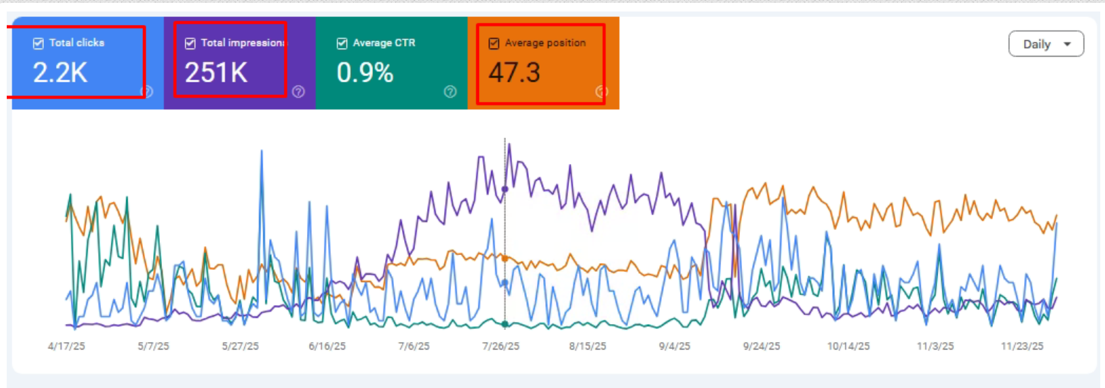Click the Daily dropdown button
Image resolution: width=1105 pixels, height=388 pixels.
click(1046, 44)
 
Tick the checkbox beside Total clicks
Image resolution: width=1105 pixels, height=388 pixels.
click(38, 43)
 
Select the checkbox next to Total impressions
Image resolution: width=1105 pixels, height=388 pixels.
click(190, 43)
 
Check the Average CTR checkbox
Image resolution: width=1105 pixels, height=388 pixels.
click(342, 43)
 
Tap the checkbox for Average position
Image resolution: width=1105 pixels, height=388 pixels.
click(494, 43)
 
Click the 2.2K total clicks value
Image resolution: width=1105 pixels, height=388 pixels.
click(60, 73)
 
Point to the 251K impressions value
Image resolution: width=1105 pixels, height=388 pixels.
click(216, 73)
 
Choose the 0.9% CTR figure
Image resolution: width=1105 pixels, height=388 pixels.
click(365, 73)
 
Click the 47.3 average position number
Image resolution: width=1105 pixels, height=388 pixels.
click(514, 73)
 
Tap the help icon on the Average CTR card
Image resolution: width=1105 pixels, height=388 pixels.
click(450, 92)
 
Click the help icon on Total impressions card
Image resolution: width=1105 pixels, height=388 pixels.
click(298, 92)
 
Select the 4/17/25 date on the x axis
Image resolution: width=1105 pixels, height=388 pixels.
click(66, 346)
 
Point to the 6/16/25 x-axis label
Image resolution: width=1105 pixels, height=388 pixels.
click(327, 346)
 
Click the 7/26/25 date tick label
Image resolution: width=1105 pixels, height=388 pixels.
click(501, 346)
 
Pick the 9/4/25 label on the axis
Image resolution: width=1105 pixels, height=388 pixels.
click(675, 346)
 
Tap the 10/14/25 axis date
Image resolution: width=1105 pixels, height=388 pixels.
click(849, 346)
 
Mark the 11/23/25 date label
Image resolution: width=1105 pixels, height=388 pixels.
click(1022, 346)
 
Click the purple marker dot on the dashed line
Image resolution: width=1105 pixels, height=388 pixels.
click(505, 190)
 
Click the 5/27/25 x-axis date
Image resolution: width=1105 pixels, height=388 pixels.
click(240, 346)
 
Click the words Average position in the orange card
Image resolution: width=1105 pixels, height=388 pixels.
click(545, 43)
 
